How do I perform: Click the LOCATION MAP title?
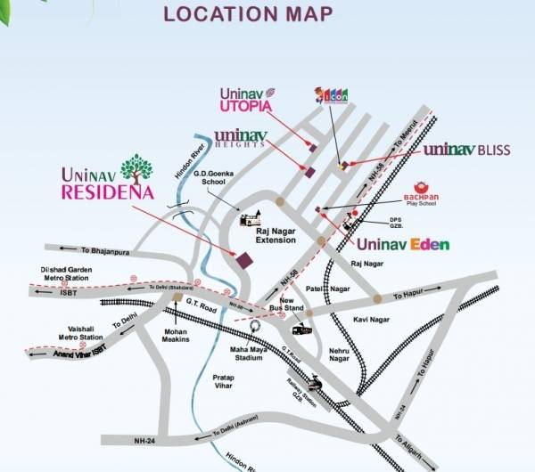point(249,15)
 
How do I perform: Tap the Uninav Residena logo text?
point(108,181)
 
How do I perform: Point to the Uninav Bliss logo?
point(465,150)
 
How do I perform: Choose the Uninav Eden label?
point(404,244)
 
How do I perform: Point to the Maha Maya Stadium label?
point(255,353)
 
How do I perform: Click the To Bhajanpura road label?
point(100,248)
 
